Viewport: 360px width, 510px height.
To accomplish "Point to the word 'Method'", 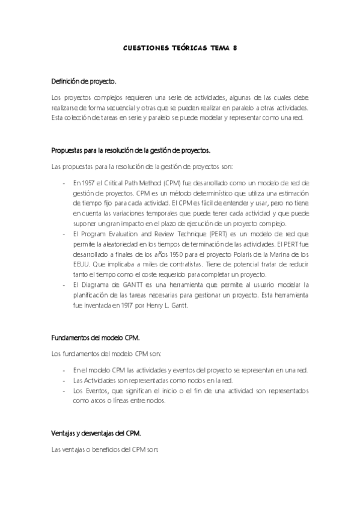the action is point(152,182).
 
